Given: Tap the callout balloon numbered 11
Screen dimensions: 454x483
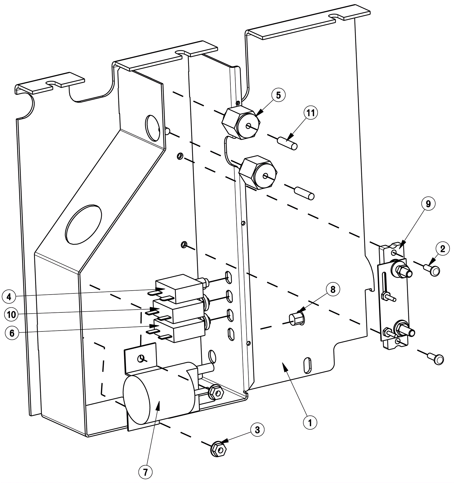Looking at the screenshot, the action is [311, 113].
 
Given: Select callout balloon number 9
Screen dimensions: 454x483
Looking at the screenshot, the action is [428, 204].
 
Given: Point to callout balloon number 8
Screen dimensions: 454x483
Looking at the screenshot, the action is [333, 289].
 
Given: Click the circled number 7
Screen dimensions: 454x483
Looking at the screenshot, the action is [145, 472].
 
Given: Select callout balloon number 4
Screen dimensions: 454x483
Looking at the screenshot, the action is [9, 297].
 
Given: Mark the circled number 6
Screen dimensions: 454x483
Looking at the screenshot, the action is [12, 333].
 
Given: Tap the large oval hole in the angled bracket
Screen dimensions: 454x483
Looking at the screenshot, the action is [83, 224].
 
